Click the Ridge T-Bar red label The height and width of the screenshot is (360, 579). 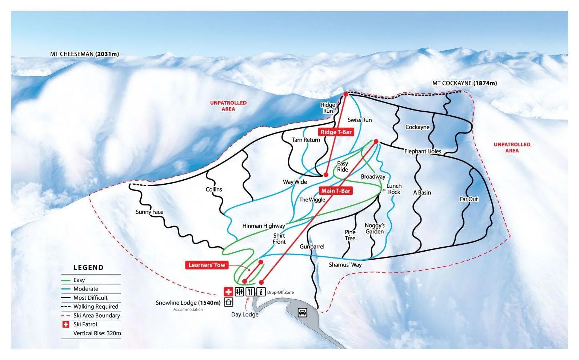click(x=336, y=132)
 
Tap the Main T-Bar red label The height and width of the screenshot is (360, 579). click(x=336, y=191)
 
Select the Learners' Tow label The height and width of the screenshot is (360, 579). click(x=207, y=265)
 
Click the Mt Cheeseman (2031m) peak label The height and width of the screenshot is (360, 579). click(x=84, y=54)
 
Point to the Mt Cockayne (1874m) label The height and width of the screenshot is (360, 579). click(x=464, y=83)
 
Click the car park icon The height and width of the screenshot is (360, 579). click(x=302, y=312)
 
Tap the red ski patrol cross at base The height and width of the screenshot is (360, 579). click(x=228, y=292)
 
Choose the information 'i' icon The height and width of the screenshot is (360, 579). click(x=261, y=292)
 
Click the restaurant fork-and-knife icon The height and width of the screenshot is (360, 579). click(x=250, y=292)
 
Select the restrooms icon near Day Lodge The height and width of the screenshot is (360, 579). click(x=239, y=292)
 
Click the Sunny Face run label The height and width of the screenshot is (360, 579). click(x=149, y=212)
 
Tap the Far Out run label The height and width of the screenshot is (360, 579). click(x=469, y=199)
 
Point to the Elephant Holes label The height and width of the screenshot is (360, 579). click(x=423, y=151)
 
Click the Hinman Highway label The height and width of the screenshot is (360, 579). click(x=263, y=226)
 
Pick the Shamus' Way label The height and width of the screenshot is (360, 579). click(x=345, y=265)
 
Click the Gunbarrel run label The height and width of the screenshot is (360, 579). click(x=312, y=247)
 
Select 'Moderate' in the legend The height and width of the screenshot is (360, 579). click(x=86, y=289)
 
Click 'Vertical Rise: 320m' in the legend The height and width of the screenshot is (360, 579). click(x=97, y=333)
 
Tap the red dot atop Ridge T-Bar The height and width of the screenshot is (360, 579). click(x=346, y=94)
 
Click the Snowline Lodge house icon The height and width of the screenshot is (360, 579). click(x=229, y=302)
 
